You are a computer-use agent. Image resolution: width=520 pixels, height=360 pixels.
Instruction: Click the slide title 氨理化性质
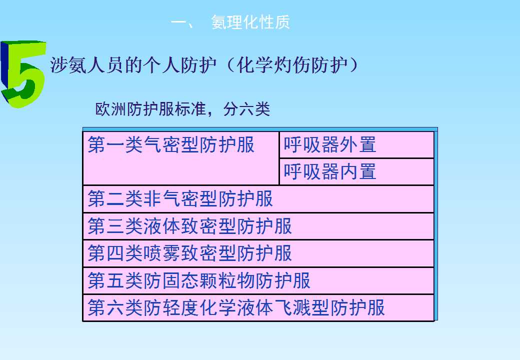tap(250, 22)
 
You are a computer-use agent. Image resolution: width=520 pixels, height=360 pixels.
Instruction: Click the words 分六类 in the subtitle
tap(246, 109)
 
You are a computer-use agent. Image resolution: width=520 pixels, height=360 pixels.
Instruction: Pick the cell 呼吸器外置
tap(329, 145)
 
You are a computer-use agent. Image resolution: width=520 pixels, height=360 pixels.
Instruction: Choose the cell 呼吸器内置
tap(329, 171)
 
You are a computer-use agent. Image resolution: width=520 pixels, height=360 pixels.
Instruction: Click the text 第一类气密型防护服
tap(171, 145)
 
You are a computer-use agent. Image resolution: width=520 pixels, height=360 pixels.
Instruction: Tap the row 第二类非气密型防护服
tap(180, 199)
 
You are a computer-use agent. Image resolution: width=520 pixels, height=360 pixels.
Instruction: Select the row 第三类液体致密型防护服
tap(189, 226)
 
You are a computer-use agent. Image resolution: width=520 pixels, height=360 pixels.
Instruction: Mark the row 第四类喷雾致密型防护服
tap(189, 253)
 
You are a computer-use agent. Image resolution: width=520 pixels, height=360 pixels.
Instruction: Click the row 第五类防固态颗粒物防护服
tap(199, 280)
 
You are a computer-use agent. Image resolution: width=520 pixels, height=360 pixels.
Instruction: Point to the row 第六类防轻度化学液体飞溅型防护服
tap(236, 307)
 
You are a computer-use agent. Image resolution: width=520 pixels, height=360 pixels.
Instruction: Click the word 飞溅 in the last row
tap(292, 307)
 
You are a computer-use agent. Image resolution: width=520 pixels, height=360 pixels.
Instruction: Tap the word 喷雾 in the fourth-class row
tap(162, 253)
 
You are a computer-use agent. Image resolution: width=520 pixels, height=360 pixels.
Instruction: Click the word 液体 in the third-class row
tap(162, 226)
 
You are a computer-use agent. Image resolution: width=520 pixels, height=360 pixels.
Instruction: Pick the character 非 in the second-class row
tap(152, 199)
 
